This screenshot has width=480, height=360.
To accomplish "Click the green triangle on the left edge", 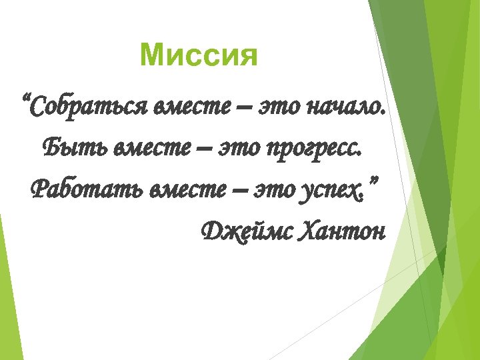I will [6, 293].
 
